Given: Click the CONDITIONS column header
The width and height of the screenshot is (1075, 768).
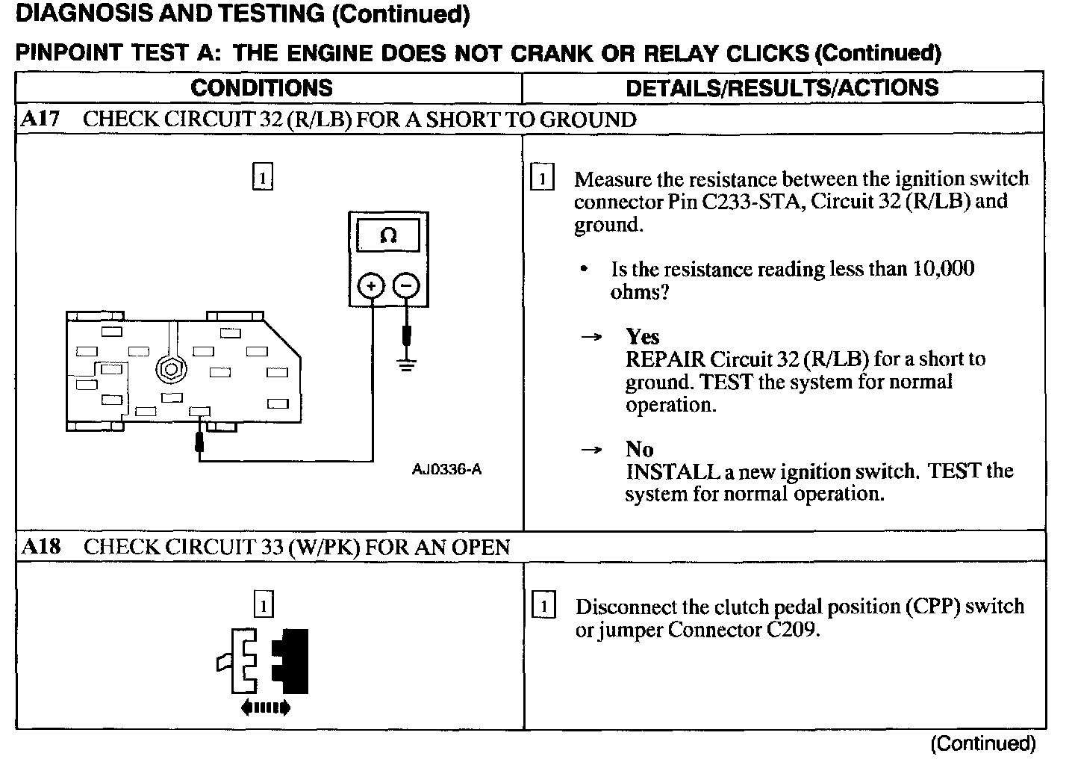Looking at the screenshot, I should (261, 87).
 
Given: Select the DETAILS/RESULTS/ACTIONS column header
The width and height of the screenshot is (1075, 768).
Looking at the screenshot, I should (782, 87).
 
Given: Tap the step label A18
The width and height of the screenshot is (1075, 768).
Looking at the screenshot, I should (40, 546).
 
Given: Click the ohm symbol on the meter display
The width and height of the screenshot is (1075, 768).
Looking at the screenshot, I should (388, 236).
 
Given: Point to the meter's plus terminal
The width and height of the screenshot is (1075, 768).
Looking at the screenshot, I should (372, 285).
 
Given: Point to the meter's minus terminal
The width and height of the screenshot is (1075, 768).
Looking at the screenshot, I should (406, 285).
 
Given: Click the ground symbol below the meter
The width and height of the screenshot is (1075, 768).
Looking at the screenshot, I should (406, 365).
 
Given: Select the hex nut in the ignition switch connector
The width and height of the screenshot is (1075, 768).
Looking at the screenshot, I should (171, 368).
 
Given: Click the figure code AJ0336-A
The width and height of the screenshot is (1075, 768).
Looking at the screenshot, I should (446, 469).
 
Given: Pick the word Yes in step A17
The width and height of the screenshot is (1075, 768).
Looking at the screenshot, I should (642, 336).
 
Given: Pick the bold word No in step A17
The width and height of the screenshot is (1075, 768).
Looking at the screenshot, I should (640, 449).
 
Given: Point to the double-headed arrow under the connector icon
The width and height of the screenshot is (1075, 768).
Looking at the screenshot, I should (265, 707).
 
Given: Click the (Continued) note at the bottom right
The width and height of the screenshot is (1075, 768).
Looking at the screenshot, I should (982, 743).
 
